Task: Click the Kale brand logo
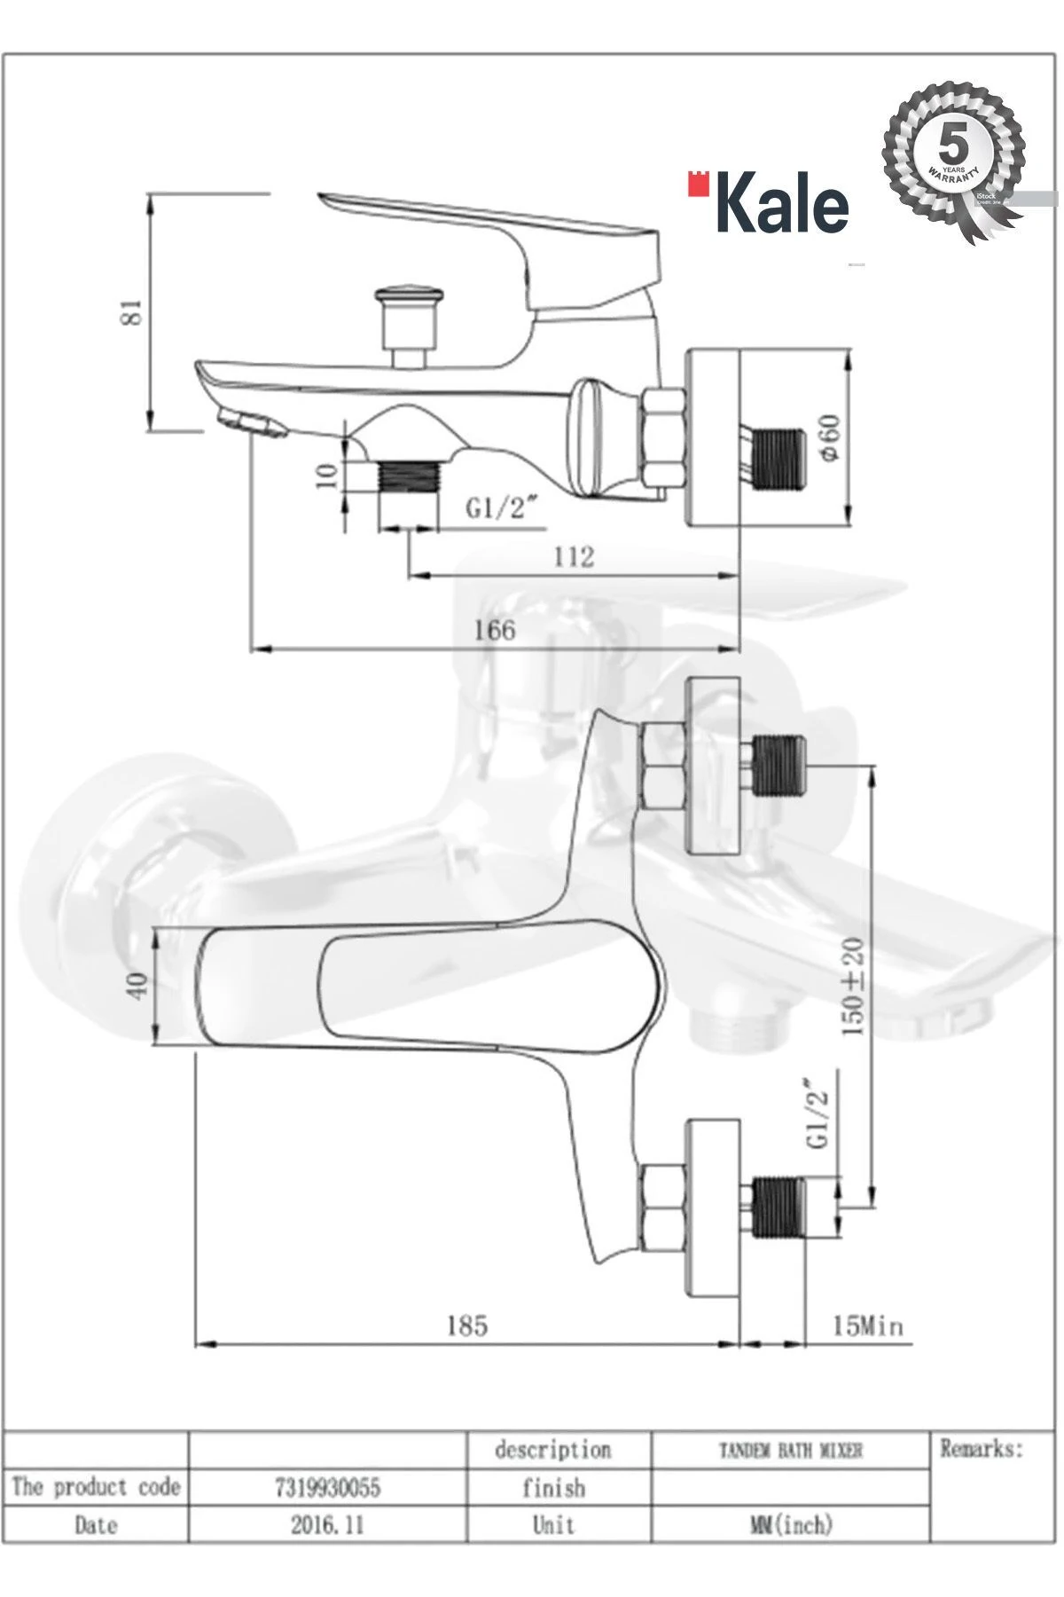(x=770, y=203)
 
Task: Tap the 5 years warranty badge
(x=953, y=160)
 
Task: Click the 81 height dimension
(x=131, y=311)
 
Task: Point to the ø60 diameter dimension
(x=831, y=437)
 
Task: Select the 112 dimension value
(x=574, y=556)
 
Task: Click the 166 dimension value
(x=494, y=629)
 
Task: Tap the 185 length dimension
(x=466, y=1325)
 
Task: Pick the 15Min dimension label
(x=867, y=1326)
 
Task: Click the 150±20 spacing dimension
(x=853, y=987)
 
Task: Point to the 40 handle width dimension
(x=137, y=986)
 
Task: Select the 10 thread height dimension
(x=327, y=474)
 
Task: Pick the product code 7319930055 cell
(x=327, y=1486)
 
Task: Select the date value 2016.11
(x=327, y=1525)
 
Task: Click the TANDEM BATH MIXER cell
(x=790, y=1450)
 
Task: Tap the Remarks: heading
(x=981, y=1449)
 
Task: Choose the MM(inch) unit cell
(x=790, y=1525)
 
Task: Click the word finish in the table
(x=553, y=1487)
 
